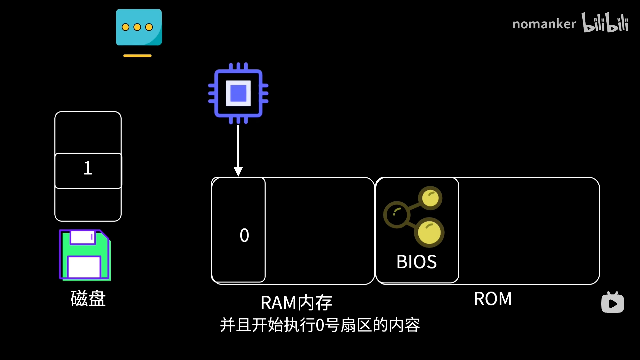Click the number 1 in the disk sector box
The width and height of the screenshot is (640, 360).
point(88,168)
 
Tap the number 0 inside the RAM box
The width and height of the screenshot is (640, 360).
point(244,235)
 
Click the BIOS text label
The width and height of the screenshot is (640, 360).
point(416,262)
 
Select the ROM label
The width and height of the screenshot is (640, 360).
point(492,299)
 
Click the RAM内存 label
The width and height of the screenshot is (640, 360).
point(296,303)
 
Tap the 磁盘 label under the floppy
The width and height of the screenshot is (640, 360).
point(88,298)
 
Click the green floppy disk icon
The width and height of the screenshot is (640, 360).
point(85,255)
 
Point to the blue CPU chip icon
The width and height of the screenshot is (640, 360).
point(238,93)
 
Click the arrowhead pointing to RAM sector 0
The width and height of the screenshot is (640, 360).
point(238,172)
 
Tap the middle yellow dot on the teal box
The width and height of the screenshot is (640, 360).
point(137,27)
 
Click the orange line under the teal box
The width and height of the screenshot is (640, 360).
point(137,56)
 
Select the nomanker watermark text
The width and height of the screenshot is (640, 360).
point(544,24)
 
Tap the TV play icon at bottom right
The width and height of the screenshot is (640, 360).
point(612,303)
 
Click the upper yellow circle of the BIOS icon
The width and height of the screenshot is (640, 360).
point(430,198)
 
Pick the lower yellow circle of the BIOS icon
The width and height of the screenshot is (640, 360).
point(429,232)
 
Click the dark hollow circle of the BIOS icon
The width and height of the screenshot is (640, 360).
point(397,214)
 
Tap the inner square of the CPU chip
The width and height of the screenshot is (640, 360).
point(238,93)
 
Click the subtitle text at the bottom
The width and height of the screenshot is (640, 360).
point(320,325)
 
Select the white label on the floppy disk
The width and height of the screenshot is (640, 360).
point(84,267)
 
